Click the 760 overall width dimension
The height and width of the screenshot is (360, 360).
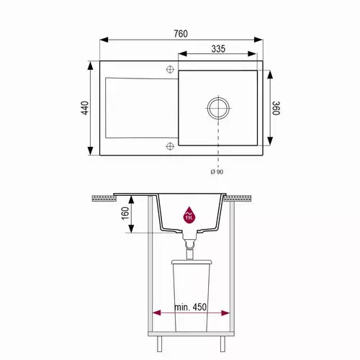(181, 34)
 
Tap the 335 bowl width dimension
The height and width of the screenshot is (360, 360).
(218, 49)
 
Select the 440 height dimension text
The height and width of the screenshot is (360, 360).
(85, 108)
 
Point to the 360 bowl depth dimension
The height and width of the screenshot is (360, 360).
(276, 108)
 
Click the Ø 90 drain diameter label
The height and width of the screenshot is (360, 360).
(217, 172)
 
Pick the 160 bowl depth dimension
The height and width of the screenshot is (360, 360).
(125, 213)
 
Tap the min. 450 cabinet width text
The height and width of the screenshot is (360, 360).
(190, 307)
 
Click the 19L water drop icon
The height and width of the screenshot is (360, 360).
(189, 215)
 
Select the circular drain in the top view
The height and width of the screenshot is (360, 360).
(218, 108)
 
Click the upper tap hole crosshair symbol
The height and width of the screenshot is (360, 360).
(170, 69)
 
